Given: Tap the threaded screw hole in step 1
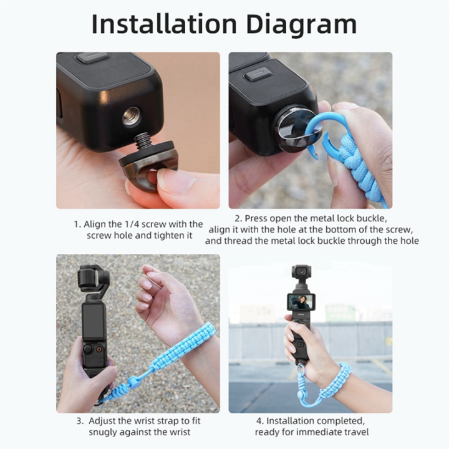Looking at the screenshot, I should (131, 116).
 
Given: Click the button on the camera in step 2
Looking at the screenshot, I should (258, 74).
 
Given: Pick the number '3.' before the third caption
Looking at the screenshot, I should (81, 421).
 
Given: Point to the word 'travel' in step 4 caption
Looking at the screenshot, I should (355, 432).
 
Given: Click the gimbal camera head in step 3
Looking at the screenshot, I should (93, 279).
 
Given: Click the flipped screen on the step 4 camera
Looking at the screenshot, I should (301, 303).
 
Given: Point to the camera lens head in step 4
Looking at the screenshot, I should (301, 273).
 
